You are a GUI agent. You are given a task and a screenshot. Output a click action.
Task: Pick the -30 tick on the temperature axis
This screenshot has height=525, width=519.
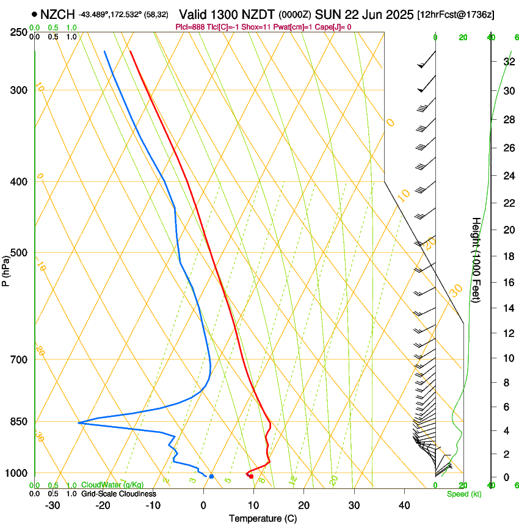(53, 505)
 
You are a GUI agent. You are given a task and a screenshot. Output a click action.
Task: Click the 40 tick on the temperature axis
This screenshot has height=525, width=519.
(404, 505)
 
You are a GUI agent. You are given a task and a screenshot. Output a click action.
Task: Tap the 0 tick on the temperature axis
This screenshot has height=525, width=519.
(203, 505)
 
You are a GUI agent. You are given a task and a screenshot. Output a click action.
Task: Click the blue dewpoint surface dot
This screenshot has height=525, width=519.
(211, 476)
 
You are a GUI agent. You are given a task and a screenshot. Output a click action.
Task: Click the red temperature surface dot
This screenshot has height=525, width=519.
(251, 476)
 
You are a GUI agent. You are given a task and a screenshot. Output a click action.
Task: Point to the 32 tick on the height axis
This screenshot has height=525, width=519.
(508, 62)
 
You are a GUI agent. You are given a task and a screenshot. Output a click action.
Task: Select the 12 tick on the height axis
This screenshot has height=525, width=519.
(508, 333)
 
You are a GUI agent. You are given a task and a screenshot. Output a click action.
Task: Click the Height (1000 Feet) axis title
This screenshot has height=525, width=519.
(476, 259)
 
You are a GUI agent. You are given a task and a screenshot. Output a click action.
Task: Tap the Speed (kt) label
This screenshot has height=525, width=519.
(463, 494)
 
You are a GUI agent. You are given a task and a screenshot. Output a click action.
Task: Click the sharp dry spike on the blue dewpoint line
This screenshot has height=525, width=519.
(79, 422)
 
